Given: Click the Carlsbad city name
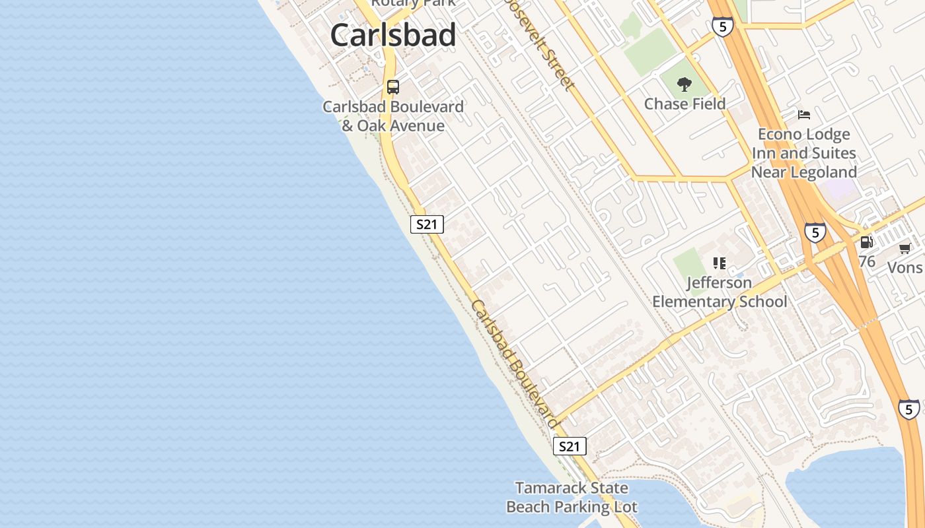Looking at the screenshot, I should pos(393,35).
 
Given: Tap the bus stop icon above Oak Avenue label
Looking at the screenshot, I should pos(393,86).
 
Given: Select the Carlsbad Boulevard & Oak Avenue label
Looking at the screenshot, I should pos(393,116).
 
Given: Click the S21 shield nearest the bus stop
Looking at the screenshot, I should pos(427,224).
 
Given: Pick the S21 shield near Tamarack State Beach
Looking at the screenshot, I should pos(569,447).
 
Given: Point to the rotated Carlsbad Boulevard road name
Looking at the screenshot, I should pos(516,364).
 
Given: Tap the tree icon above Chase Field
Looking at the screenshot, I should pos(684,84).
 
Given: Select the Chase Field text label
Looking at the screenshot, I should pos(684,104).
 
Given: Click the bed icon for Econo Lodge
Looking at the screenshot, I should pos(803,115).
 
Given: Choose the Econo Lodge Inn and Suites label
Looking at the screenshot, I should pos(803,153).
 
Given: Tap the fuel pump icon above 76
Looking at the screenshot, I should pos(866,242).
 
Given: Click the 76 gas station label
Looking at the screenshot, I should pos(867,261).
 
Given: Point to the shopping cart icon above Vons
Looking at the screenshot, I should pos(905,249).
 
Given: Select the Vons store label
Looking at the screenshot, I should pos(905,267).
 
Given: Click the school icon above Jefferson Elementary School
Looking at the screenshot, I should pos(720,263).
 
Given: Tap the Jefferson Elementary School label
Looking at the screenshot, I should pos(720,292).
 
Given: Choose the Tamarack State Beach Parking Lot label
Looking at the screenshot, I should pos(572,498).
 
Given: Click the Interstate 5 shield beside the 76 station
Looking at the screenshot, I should pos(815,232).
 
